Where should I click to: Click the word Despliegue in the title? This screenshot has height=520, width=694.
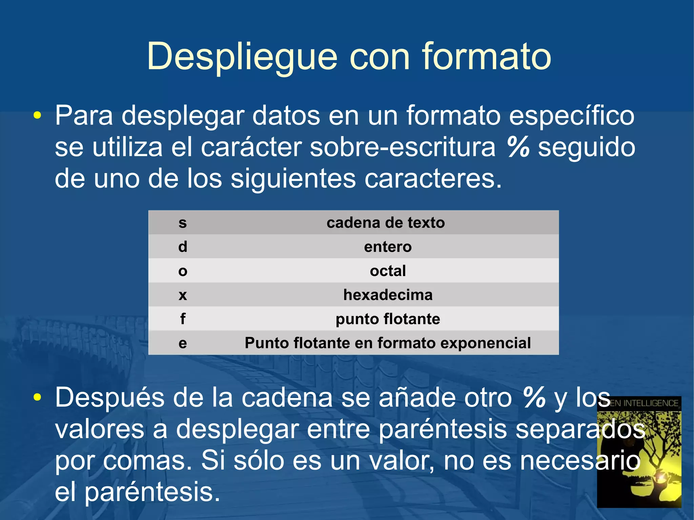[242, 57]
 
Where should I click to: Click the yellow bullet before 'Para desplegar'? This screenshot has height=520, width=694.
[37, 116]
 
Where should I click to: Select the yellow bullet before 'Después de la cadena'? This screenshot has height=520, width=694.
[37, 397]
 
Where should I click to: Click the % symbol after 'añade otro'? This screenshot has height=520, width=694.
[534, 397]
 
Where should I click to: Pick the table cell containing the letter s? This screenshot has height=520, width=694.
[183, 223]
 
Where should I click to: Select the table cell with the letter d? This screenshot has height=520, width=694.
[183, 247]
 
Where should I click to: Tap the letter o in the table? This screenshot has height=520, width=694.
[183, 271]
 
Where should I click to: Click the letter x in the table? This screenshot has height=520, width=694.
[183, 295]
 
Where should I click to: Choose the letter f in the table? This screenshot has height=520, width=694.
[183, 319]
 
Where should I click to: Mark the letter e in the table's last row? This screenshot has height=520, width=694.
[183, 343]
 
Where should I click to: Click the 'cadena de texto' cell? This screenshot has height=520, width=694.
[386, 223]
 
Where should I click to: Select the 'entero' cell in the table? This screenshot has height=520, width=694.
[388, 247]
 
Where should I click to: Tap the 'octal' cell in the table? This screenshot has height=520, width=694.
[388, 271]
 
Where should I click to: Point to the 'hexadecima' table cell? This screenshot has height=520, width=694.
[388, 295]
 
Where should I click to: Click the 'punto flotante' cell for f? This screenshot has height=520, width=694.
[388, 319]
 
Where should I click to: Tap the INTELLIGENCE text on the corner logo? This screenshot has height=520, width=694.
[651, 403]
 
